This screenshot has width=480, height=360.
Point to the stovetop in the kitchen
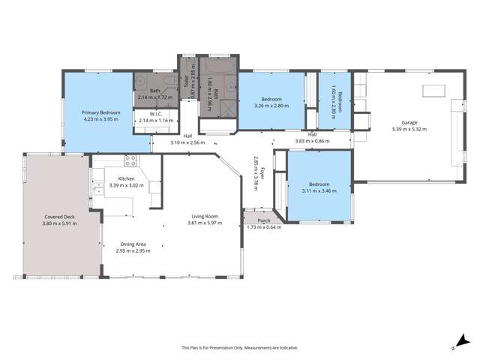[130, 159]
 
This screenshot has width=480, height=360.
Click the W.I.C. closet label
[156, 114]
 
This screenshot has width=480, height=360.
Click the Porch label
[263, 220]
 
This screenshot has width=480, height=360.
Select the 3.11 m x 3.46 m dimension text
[319, 191]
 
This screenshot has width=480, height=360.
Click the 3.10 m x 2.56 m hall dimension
[187, 142]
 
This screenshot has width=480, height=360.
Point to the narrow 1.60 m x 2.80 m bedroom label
[339, 100]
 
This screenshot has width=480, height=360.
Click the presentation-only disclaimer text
[240, 348]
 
